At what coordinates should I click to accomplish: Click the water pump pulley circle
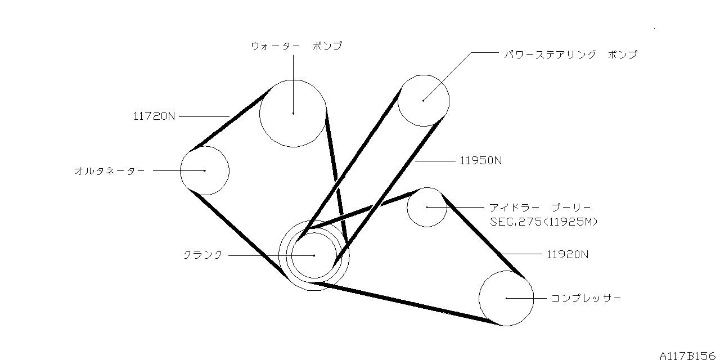tap(293, 113)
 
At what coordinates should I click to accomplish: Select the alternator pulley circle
tap(205, 170)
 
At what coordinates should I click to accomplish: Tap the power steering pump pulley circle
tap(424, 100)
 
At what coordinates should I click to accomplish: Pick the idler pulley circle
tap(427, 207)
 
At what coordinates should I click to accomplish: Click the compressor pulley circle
tap(506, 298)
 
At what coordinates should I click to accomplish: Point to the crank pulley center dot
tap(314, 255)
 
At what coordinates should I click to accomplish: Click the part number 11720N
tap(155, 116)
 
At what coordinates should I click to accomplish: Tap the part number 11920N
tap(568, 254)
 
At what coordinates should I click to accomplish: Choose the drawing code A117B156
tap(690, 355)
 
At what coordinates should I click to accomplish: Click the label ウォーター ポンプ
tap(296, 46)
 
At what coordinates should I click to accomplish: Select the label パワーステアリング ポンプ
tap(570, 55)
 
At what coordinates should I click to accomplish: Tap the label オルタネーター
tap(109, 170)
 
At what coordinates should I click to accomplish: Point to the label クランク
tap(203, 255)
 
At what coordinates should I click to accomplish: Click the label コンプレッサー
tap(586, 298)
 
